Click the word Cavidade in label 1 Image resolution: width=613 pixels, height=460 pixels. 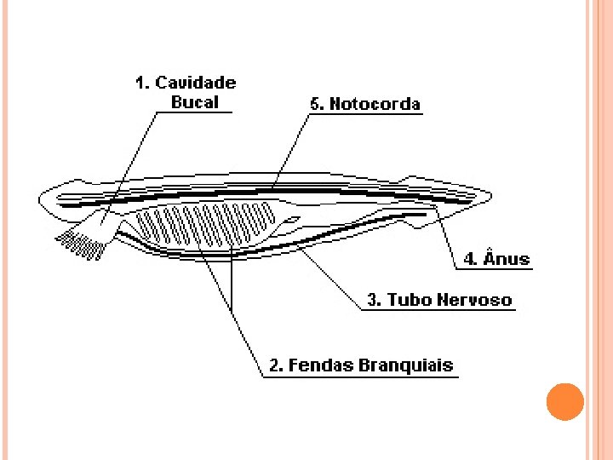coord(196,83)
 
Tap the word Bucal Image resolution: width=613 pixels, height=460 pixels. coord(195,102)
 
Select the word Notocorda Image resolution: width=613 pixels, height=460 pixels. coord(375,104)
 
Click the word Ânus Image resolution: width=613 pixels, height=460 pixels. coord(507,259)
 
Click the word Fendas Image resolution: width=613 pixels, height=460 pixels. coord(319,365)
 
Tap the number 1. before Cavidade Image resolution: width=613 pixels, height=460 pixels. coord(143,83)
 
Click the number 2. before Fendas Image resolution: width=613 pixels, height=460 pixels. coord(276,365)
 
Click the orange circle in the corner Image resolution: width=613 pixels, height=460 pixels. coord(564,401)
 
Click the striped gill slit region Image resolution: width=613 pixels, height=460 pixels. coord(204,225)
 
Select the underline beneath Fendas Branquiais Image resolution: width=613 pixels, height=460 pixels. coord(358,377)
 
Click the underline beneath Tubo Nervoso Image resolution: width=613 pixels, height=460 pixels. coord(438,310)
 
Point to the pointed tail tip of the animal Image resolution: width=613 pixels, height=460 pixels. coord(490,195)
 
